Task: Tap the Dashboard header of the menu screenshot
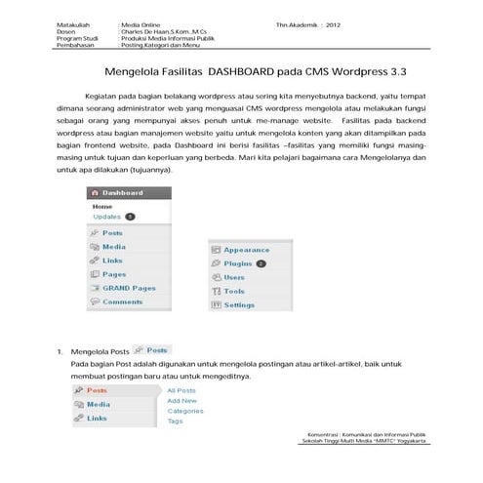pos(123,193)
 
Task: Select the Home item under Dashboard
pos(102,207)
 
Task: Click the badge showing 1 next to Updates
pos(130,217)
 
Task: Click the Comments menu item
pos(122,302)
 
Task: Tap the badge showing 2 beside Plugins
pos(262,263)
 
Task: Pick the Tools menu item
pos(233,291)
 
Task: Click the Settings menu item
pos(239,304)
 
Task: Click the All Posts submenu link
pos(181,390)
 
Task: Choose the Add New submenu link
pos(181,400)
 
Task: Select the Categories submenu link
pos(185,411)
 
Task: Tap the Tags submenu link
pos(175,422)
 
